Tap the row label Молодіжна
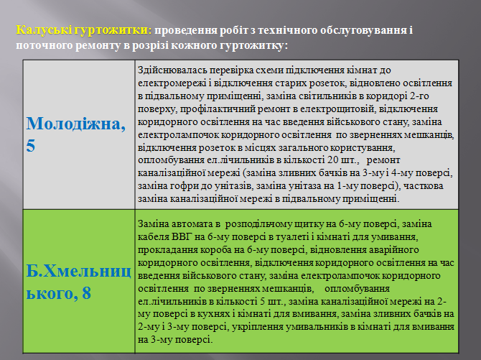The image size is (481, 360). click(76, 124)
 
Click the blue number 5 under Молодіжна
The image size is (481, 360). click(30, 145)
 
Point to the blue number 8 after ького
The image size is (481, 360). click(86, 292)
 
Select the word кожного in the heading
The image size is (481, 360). click(194, 45)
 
